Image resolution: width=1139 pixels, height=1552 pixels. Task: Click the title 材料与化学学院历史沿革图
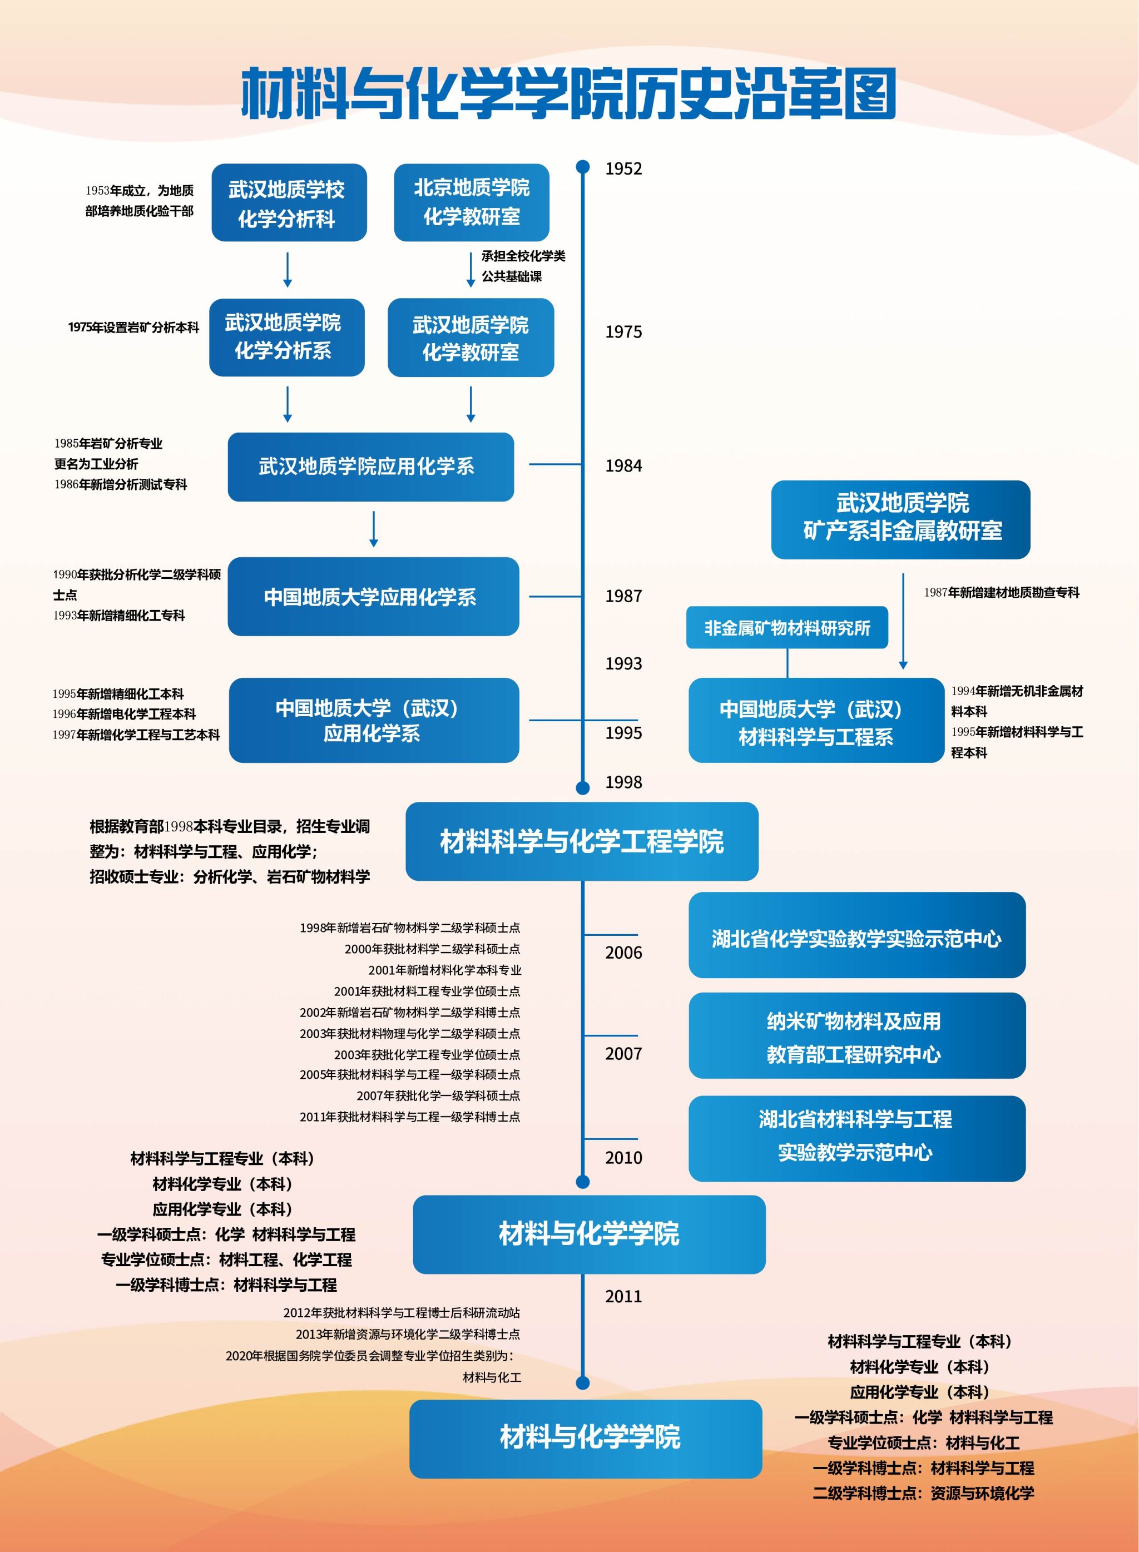pos(569,93)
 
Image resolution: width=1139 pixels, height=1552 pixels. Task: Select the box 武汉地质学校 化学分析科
pos(289,202)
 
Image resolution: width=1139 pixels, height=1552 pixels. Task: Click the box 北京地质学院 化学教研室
pos(472,202)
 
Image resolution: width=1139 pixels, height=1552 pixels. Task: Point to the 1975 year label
pos(623,332)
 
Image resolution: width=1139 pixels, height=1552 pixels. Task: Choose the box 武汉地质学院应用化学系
pos(371,467)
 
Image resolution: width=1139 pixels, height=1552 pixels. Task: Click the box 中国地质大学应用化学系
pos(373,597)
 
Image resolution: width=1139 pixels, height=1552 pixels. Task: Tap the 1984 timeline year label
pos(623,467)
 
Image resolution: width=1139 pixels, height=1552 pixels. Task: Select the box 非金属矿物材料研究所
pos(787,628)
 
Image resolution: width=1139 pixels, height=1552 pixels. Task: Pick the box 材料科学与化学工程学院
pos(582,841)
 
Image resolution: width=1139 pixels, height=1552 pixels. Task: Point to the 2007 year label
pos(623,1054)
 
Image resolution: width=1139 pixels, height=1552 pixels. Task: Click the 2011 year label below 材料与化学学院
pos(623,1296)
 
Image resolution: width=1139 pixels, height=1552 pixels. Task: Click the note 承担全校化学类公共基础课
pos(523,266)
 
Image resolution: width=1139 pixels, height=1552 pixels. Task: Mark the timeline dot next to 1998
pos(583,788)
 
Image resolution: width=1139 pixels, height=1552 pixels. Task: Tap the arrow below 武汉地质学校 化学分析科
pos(288,270)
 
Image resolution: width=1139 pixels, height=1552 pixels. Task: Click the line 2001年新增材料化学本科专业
pos(445,970)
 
